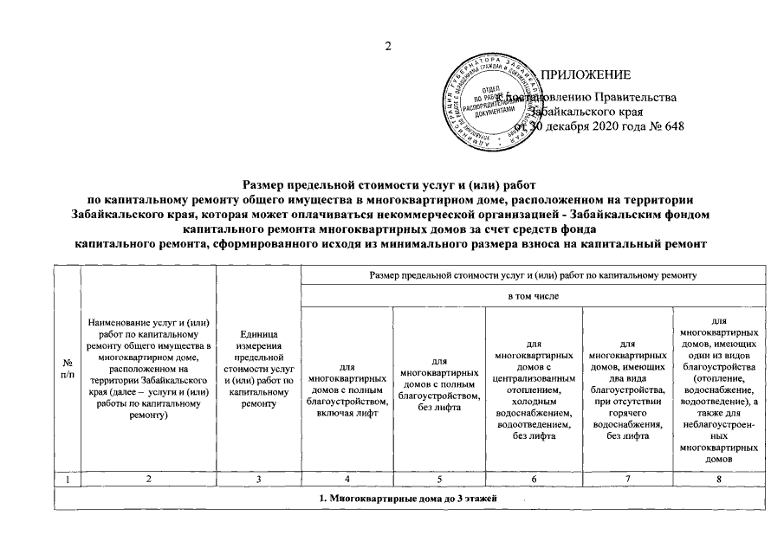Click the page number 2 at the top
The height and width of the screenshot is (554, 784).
(x=390, y=46)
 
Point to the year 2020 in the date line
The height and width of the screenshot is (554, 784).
(x=605, y=126)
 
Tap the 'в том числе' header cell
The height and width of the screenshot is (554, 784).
(x=532, y=297)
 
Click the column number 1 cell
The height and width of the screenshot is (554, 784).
(x=67, y=479)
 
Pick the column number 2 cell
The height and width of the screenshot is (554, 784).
(x=148, y=479)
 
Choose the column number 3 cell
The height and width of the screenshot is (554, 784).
(x=258, y=479)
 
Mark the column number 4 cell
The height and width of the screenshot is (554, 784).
(x=347, y=479)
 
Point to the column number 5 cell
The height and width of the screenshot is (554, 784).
(x=438, y=479)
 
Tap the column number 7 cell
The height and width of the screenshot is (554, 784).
(x=628, y=479)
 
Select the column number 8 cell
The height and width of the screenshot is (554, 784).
(x=720, y=479)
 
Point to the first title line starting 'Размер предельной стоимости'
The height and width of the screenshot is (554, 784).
(x=392, y=184)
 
